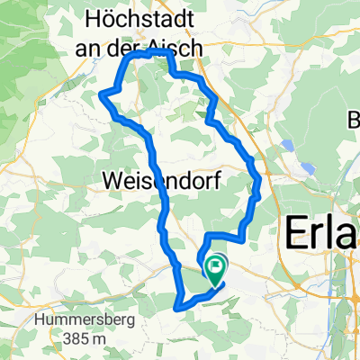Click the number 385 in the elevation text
tap(40, 338)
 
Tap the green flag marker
tap(216, 266)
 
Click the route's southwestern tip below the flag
tap(180, 307)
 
